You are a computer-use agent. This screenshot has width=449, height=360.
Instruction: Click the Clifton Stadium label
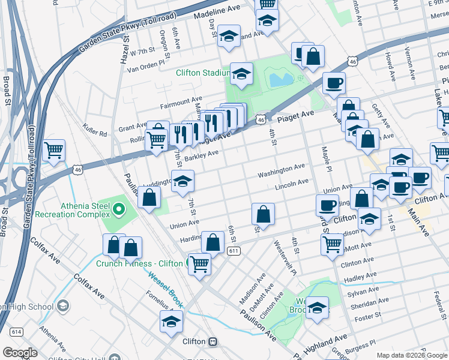coord(202,73)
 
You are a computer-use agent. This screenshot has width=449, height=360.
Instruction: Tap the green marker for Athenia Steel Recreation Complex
coord(119,209)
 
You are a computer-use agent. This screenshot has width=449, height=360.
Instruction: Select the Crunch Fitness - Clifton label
coord(139,263)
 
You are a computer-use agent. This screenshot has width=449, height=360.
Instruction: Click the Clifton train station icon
coord(212,341)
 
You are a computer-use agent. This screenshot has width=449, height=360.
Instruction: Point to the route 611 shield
coord(235,252)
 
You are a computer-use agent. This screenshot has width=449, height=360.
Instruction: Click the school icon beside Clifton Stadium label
coord(241,74)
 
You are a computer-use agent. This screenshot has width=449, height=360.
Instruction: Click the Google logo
coord(20,353)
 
